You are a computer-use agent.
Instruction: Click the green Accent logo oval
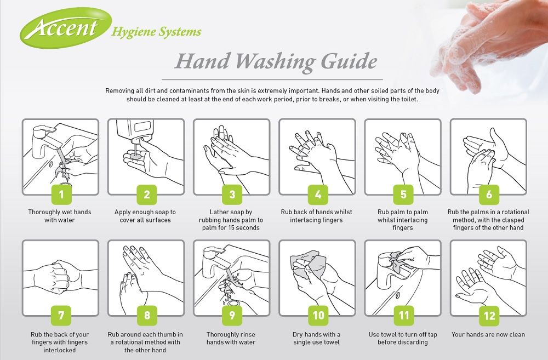point(66,27)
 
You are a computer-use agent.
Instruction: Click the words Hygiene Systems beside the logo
point(156,32)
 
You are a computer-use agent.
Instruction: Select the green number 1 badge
point(61,195)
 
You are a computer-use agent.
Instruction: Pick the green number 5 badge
point(403,195)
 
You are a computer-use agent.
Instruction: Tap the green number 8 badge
point(147,315)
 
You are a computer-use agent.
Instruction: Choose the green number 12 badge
point(489,316)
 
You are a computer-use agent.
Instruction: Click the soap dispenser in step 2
point(135,132)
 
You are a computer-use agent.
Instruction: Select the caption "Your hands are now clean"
point(488,334)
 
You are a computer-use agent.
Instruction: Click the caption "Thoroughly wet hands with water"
point(60,216)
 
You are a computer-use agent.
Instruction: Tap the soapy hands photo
point(489,42)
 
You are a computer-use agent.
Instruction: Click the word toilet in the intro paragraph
point(409,99)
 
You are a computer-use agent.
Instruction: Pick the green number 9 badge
point(232,316)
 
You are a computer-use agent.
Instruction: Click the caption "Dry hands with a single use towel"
point(317,338)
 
